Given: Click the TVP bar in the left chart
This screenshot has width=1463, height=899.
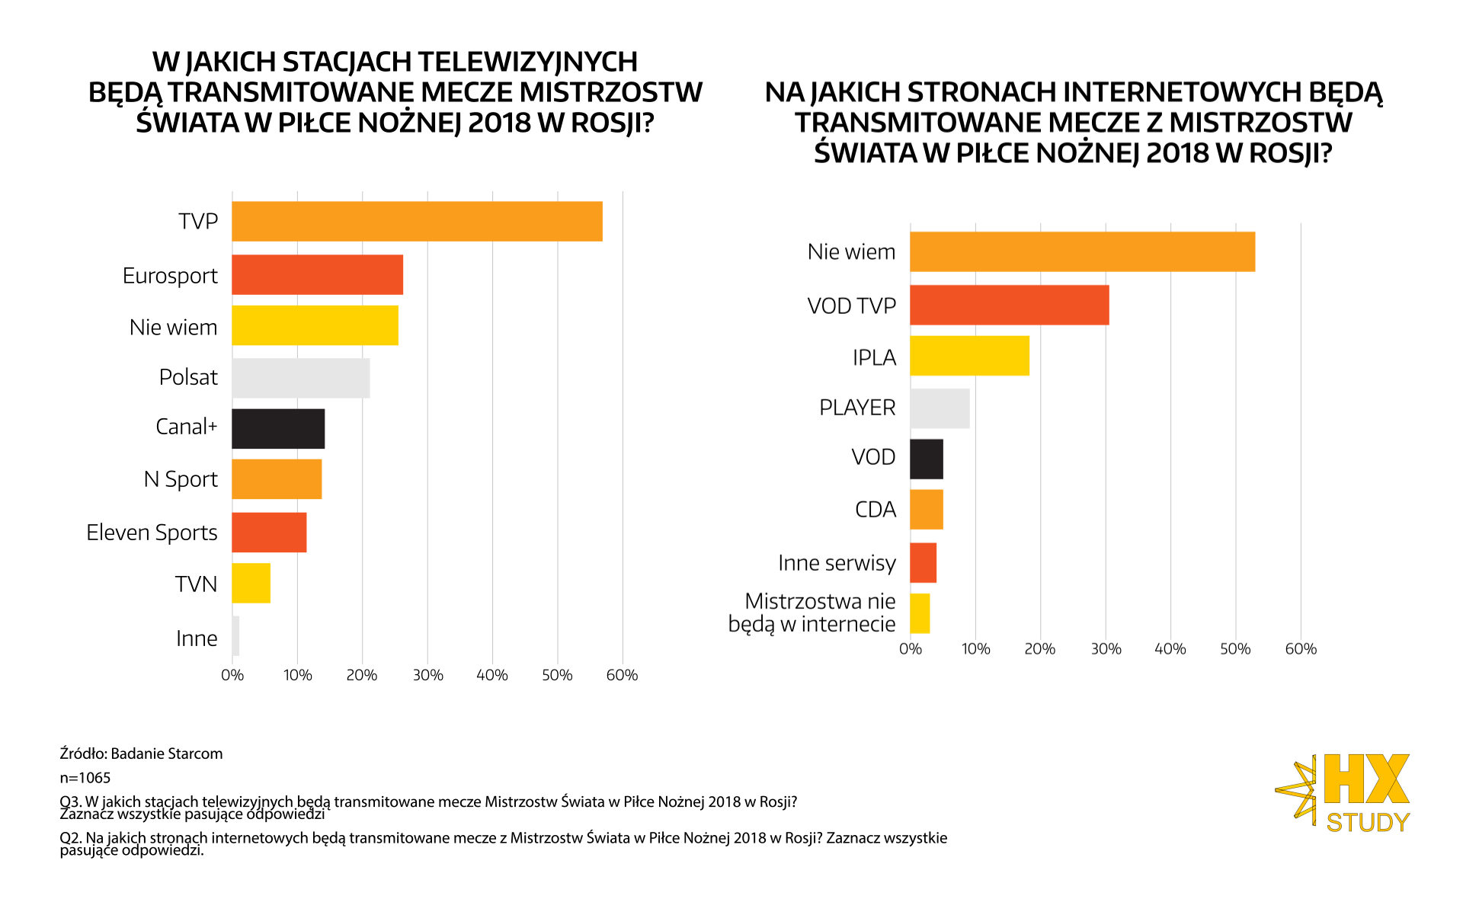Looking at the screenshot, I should [x=417, y=222].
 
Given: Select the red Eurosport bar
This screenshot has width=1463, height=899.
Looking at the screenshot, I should [x=317, y=275].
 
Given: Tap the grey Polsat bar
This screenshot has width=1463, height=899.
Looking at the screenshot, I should [x=301, y=378].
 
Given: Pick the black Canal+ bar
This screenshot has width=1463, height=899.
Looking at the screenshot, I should [x=278, y=429].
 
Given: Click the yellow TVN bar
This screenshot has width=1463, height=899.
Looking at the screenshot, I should [x=251, y=583].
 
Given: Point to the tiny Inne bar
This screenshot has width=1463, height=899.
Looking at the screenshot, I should [x=235, y=636].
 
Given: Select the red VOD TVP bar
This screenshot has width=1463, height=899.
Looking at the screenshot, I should [x=1009, y=305].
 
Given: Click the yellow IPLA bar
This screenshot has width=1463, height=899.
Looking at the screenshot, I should [x=969, y=356].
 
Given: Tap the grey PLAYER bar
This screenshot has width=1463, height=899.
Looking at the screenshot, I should [x=940, y=408].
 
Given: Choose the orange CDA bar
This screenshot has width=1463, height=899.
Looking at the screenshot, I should [x=927, y=510].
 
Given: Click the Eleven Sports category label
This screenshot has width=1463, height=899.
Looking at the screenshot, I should [x=152, y=533].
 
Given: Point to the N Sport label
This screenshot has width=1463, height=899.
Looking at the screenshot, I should [x=181, y=479].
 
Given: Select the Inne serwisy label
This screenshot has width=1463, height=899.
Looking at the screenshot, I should [x=837, y=563].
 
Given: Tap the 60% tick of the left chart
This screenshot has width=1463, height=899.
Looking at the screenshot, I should [x=622, y=675].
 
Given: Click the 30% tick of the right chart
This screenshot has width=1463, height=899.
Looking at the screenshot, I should [x=1106, y=649].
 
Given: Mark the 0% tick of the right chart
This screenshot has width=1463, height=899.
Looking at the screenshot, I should [x=911, y=649].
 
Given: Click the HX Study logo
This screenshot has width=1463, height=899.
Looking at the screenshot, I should [x=1344, y=792].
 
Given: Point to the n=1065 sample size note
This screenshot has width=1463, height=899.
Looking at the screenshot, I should [x=85, y=778].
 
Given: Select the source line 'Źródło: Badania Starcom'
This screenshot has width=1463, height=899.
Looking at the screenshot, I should [x=141, y=753].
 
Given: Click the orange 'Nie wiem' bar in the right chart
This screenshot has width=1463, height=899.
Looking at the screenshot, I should [x=1082, y=251].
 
